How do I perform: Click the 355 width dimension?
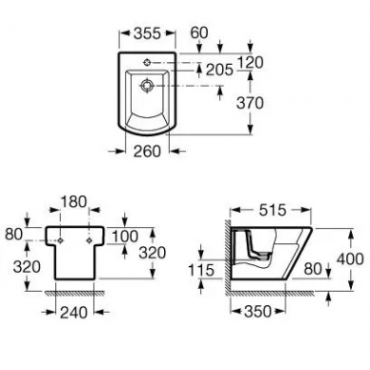pyautogui.click(x=147, y=33)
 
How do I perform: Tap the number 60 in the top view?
pyautogui.click(x=199, y=32)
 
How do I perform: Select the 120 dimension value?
pyautogui.click(x=251, y=62)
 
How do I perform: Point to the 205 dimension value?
pyautogui.click(x=219, y=70)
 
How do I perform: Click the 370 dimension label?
pyautogui.click(x=250, y=103)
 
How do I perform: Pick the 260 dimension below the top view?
pyautogui.click(x=147, y=152)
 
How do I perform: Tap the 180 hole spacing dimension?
pyautogui.click(x=73, y=201)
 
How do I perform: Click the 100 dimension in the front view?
pyautogui.click(x=126, y=236)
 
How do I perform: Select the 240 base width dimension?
pyautogui.click(x=73, y=313)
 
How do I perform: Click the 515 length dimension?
pyautogui.click(x=273, y=210)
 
